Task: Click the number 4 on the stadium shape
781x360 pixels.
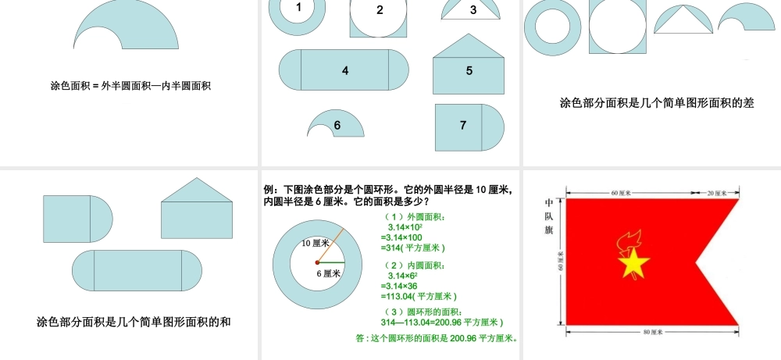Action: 345,70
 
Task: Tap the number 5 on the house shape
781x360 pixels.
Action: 469,70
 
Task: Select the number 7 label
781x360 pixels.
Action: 463,125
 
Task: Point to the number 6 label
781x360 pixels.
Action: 337,125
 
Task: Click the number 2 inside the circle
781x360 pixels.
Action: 380,10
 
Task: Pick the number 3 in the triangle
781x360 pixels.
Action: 473,10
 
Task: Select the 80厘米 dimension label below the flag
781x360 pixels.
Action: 651,332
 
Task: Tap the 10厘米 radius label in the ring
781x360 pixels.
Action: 316,243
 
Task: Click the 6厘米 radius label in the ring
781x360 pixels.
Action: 329,273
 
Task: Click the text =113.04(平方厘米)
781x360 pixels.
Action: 418,296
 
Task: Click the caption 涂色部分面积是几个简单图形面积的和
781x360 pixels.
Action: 134,322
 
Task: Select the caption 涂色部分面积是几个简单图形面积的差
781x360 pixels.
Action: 657,102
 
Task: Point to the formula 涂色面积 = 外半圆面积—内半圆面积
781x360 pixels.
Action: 130,86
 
